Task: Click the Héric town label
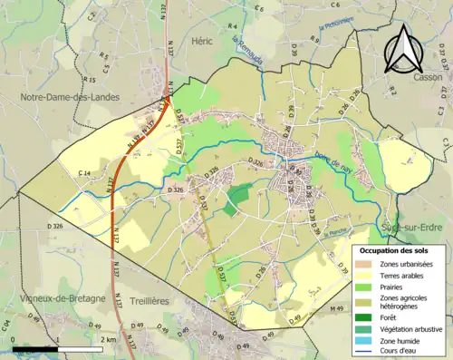coord(201,41)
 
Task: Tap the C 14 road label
coord(85,173)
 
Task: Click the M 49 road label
coord(338,309)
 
